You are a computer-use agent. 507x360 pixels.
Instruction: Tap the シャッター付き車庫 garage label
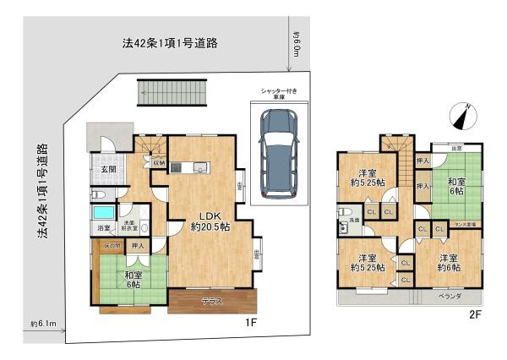(x=277, y=95)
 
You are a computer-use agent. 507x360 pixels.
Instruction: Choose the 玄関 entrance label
(x=109, y=168)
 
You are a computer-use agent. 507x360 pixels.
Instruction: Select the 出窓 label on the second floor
(x=456, y=146)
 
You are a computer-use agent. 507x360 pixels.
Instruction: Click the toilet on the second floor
(x=345, y=211)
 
